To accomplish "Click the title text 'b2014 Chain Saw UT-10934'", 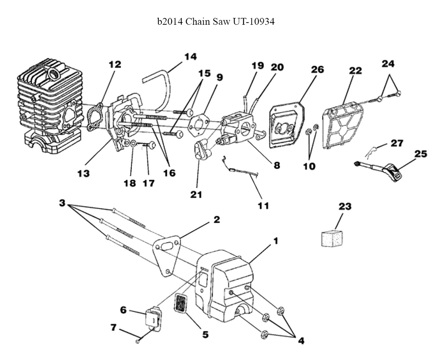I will click(x=216, y=22).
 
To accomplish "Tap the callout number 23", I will click(x=344, y=206).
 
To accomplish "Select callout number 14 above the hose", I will click(x=190, y=57).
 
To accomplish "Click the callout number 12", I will click(x=115, y=64).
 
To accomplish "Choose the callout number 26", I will click(x=317, y=70).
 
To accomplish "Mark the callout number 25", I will click(x=421, y=154).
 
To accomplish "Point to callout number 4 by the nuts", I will click(x=301, y=340).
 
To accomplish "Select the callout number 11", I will click(x=264, y=205).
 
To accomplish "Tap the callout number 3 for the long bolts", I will click(x=62, y=203).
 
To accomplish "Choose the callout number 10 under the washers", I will click(x=309, y=167).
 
